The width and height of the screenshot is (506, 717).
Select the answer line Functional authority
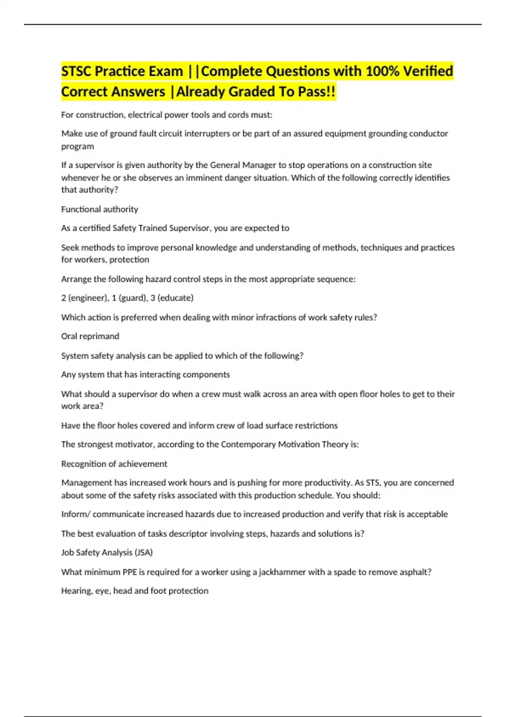100,209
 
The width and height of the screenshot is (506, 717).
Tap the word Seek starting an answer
70,248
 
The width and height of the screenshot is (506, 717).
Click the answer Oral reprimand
90,336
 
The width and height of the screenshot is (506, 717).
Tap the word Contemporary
248,444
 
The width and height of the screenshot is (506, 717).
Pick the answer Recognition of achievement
114,464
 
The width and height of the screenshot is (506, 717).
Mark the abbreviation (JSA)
143,553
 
